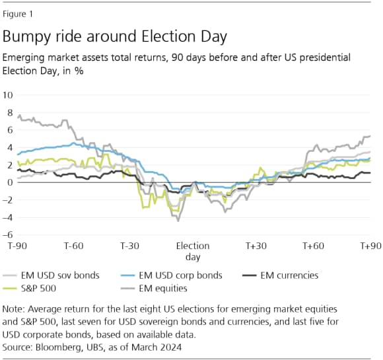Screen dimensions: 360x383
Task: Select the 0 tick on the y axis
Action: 10,182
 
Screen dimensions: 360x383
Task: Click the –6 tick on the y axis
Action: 8,234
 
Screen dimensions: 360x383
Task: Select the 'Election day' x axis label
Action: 193,251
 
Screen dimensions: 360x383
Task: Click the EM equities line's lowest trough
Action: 178,221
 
